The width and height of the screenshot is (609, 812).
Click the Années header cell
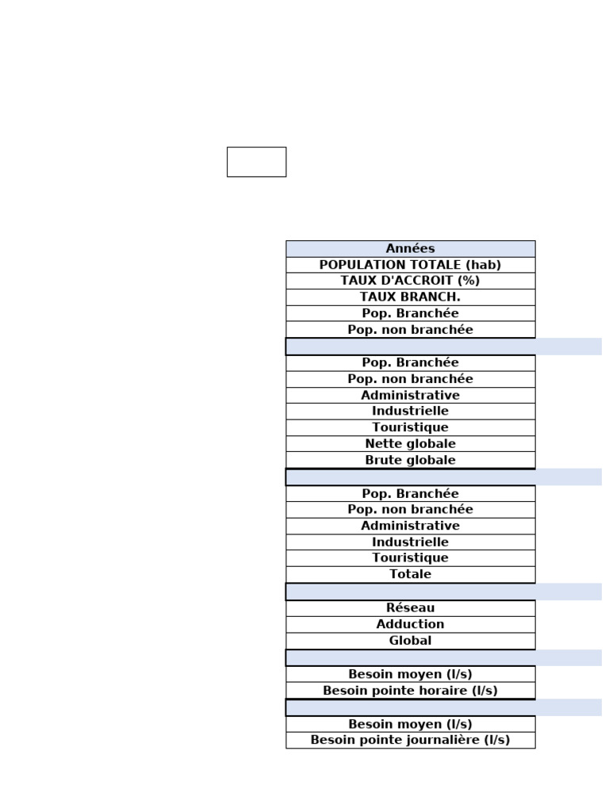pos(410,249)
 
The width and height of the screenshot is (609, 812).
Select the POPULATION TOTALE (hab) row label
pos(410,265)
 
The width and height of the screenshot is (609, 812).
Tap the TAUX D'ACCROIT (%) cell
pos(410,281)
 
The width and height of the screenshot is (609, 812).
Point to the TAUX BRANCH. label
pos(410,297)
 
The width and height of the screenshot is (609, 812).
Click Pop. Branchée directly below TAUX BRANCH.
pos(410,313)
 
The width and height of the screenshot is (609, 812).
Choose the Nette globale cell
pos(410,444)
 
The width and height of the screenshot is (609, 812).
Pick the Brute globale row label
pos(410,460)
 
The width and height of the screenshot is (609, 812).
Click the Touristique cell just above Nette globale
pos(410,427)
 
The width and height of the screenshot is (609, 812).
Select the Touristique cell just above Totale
pos(410,558)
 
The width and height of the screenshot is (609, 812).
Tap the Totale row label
pos(410,574)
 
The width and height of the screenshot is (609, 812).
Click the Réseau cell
pos(410,608)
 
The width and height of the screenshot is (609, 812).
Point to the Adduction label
pos(410,624)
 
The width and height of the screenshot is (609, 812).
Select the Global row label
pos(410,641)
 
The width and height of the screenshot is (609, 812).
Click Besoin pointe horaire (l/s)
pos(410,691)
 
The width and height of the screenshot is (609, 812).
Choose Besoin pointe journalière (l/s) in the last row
pos(410,740)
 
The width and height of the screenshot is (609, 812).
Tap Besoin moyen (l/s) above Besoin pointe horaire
pos(410,674)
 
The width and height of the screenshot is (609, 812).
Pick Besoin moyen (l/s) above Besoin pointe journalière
pos(410,724)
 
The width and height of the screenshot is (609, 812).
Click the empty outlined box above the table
pos(256,162)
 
